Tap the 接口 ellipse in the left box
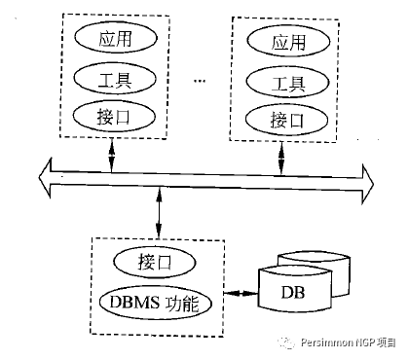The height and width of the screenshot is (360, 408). [x=113, y=117]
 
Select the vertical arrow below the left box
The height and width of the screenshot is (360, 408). [x=113, y=154]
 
